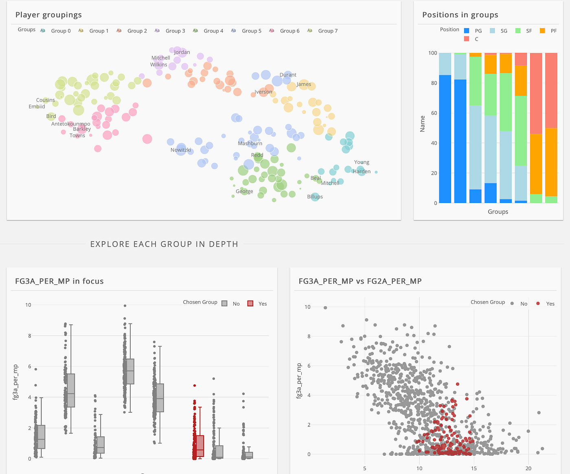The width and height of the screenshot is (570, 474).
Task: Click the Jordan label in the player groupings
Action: coord(182,52)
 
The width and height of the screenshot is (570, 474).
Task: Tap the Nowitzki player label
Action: coord(181,150)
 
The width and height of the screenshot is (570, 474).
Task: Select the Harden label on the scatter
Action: coord(362,172)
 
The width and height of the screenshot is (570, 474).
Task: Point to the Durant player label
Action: coord(288,75)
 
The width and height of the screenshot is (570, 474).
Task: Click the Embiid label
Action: coord(37,107)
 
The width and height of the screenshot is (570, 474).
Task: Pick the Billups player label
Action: coord(315,197)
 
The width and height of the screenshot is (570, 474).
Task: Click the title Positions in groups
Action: coord(460,15)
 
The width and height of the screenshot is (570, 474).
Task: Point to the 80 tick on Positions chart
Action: coord(433,83)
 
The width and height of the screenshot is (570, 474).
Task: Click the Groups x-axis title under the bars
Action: coord(498,212)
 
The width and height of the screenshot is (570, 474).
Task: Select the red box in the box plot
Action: coord(200,446)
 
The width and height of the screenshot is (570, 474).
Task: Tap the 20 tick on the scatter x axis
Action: coord(528,468)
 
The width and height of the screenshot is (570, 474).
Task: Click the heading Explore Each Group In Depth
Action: coord(164,244)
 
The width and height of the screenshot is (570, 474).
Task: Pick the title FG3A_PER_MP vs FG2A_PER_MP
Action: coord(360,281)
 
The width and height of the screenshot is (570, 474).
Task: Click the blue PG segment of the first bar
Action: coord(445,138)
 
